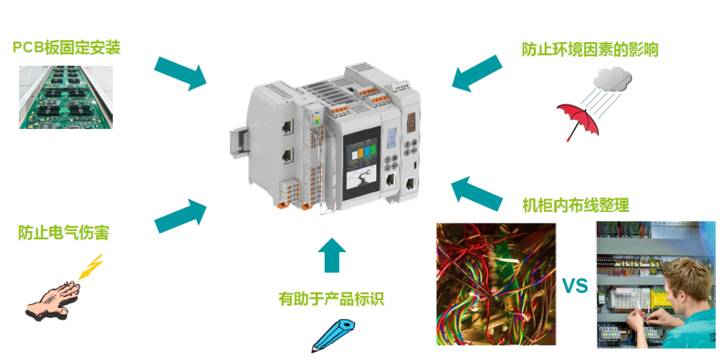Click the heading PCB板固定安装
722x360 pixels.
click(x=67, y=48)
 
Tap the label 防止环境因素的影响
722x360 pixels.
click(x=590, y=50)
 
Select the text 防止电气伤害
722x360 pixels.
click(x=64, y=232)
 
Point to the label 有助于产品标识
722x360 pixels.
click(x=331, y=300)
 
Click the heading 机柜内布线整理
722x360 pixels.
click(x=575, y=205)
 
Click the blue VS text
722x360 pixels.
click(x=575, y=286)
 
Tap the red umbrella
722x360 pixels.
click(x=578, y=121)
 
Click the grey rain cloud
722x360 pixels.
click(x=612, y=79)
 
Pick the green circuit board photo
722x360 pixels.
click(x=66, y=97)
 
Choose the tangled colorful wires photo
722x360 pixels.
click(x=496, y=284)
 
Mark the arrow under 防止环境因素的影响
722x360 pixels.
click(x=477, y=73)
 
